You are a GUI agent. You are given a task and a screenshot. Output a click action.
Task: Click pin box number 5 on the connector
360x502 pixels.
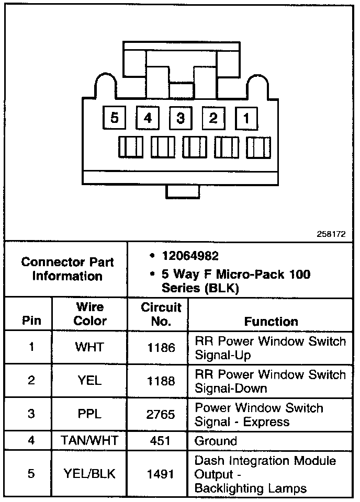tap(115, 118)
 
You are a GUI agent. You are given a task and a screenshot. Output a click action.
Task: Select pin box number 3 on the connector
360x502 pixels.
tap(180, 118)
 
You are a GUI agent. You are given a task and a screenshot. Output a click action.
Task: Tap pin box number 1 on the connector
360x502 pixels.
tap(245, 118)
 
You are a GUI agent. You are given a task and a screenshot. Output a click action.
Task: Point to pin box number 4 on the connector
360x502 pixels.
tap(148, 118)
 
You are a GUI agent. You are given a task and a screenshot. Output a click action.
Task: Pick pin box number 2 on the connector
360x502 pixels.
tap(213, 118)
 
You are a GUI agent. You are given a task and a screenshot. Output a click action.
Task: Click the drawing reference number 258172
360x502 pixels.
tap(331, 234)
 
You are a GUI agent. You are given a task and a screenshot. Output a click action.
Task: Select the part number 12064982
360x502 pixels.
tap(190, 257)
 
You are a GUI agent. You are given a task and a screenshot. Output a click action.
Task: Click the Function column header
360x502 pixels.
tap(271, 321)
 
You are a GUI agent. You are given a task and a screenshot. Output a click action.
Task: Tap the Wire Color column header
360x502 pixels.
tap(89, 314)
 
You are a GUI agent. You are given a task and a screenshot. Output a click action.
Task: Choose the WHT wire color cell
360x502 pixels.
tap(89, 347)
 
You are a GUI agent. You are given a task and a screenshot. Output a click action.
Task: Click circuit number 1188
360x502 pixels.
tap(162, 381)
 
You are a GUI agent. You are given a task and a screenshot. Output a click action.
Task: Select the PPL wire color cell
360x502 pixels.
tap(89, 414)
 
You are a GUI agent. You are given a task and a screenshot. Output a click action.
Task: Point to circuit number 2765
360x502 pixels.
tap(162, 414)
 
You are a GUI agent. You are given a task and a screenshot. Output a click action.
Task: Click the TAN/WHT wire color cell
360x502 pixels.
tap(89, 441)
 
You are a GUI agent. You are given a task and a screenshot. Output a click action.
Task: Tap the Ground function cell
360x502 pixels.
tap(216, 441)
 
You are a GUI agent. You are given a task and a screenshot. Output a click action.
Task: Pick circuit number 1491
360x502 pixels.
tap(162, 474)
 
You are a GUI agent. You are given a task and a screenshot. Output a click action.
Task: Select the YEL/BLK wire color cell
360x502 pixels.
tap(89, 474)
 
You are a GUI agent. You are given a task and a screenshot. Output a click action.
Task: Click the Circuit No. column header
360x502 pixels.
tap(161, 314)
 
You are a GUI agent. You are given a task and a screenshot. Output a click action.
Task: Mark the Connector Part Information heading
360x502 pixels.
tap(67, 269)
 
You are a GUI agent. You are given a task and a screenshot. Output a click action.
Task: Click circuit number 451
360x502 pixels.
tap(162, 441)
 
